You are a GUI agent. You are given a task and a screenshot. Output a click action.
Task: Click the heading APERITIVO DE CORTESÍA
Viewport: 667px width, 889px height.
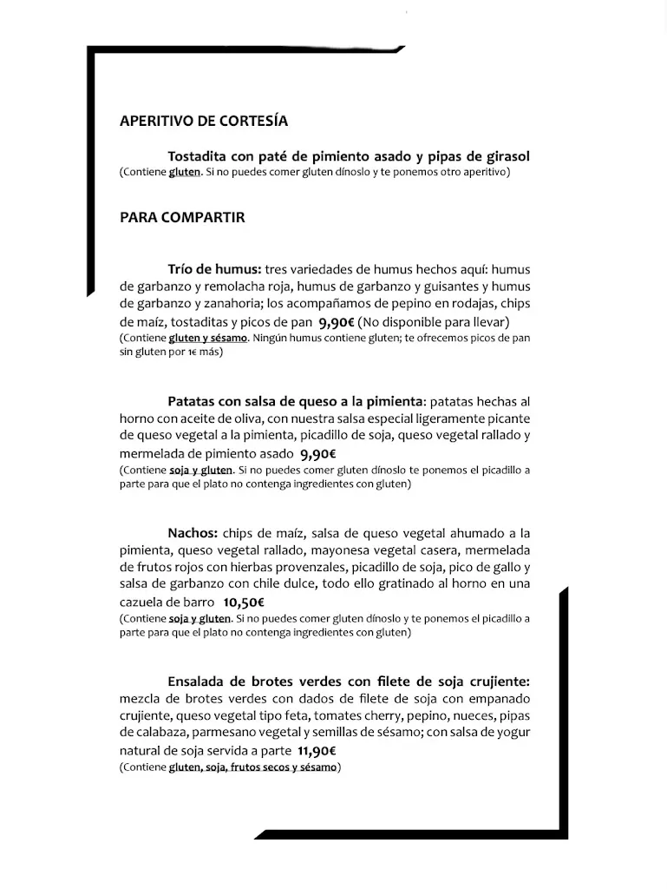[203, 122]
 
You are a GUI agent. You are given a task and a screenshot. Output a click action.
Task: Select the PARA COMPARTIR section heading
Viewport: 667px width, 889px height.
[182, 218]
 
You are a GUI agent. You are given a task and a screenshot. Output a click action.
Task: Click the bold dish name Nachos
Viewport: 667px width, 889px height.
[193, 532]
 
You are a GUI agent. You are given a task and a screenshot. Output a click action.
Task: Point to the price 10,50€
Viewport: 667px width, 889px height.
[244, 602]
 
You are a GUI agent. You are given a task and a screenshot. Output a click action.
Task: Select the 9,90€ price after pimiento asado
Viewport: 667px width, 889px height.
[318, 453]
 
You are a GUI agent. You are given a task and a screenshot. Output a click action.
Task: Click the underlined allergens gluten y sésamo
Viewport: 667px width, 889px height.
[208, 338]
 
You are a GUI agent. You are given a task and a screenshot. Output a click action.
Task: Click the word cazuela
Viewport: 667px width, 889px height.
[142, 602]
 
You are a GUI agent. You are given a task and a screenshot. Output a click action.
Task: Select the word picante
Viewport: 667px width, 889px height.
[507, 418]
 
